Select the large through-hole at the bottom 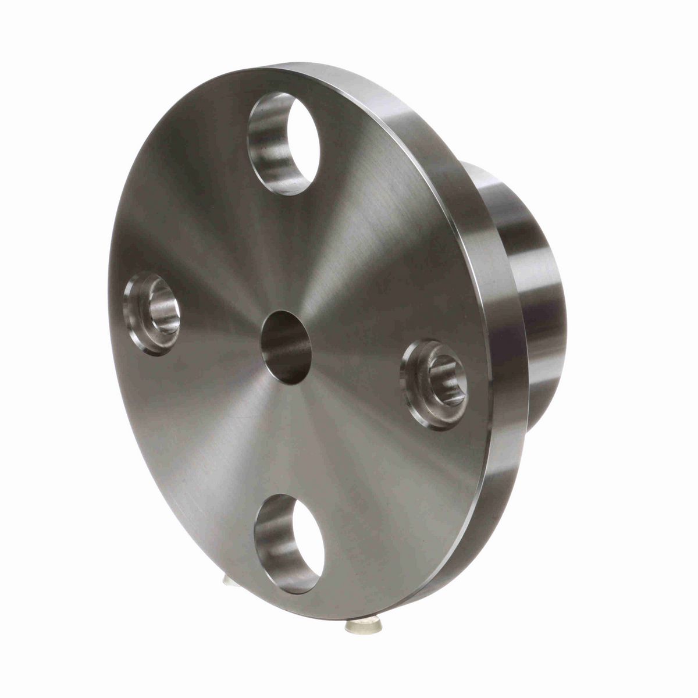(x=289, y=544)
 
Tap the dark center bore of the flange (x=286, y=347)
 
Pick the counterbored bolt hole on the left (x=152, y=313)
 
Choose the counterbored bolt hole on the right (x=435, y=384)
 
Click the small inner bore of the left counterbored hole (x=163, y=311)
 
